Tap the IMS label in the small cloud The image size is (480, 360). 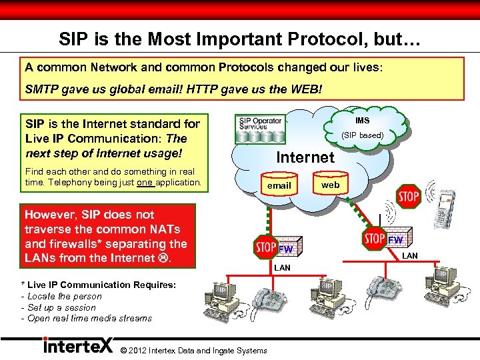coord(362,121)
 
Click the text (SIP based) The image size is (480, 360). coord(362,135)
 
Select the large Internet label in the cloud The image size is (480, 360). coord(305,157)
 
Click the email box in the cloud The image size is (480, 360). coord(279,185)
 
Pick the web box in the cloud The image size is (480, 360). coord(330,185)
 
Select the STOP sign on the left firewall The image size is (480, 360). coord(266,247)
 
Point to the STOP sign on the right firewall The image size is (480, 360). coord(375,238)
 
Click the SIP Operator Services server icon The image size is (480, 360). coord(261,131)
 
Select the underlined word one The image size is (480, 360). coord(145,183)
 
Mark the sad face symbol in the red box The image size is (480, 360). coord(164,258)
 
